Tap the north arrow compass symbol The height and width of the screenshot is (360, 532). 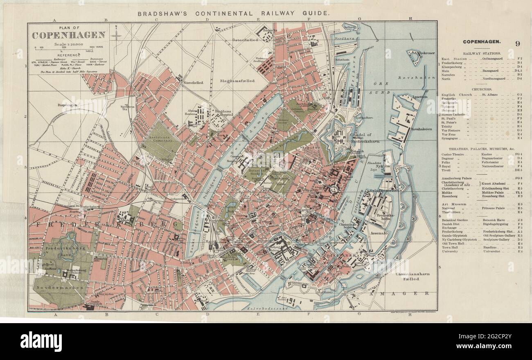coord(116,34)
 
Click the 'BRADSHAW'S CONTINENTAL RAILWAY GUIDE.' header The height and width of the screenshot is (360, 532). coord(233,13)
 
